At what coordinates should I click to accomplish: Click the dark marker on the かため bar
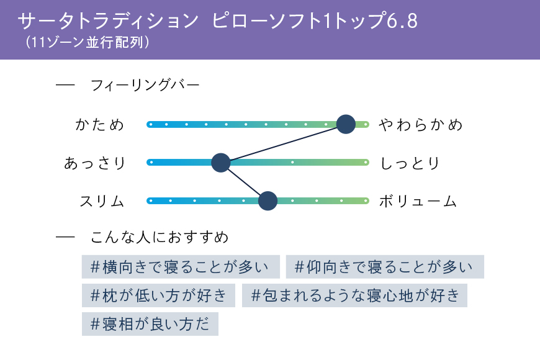coord(346,124)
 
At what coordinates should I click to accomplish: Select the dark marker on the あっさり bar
coord(221,163)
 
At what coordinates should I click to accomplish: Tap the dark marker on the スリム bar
coord(268,201)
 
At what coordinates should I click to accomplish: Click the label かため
coord(99,125)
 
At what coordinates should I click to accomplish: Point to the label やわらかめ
coord(420,125)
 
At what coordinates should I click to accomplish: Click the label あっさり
coord(95,163)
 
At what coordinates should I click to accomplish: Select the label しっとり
coord(410,163)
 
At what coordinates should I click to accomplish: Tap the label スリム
coord(102,201)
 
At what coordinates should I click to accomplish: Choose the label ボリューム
coord(418,201)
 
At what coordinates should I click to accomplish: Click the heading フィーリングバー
coord(145,85)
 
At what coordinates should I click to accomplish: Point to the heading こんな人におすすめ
coord(160,237)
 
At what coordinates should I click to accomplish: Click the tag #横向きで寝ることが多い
coord(181,267)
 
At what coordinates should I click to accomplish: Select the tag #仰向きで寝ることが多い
coord(385,267)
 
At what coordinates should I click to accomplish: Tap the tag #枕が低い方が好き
coord(158,295)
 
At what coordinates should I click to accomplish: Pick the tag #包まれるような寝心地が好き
coord(354,295)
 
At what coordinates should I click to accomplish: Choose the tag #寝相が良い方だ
coord(150,324)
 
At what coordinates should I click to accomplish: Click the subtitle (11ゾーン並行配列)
coord(88,42)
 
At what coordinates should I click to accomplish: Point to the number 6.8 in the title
coord(402,20)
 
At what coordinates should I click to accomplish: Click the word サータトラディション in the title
coord(108,20)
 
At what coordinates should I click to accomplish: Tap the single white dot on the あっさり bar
coord(292,162)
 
